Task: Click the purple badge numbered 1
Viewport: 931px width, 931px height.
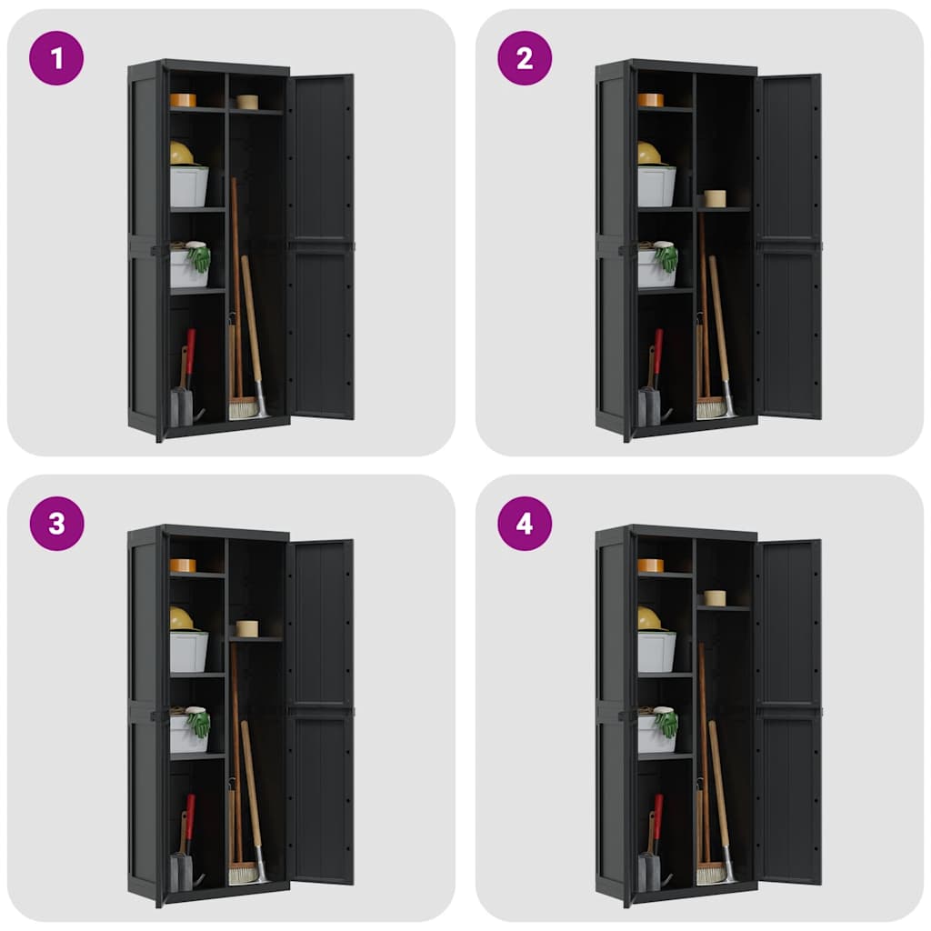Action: tap(56, 58)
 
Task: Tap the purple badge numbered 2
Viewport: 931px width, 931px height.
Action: tap(525, 58)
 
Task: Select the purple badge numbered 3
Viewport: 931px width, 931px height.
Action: tap(56, 524)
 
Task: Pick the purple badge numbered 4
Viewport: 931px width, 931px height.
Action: tap(525, 524)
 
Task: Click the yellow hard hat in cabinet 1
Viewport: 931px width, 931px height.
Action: tap(181, 154)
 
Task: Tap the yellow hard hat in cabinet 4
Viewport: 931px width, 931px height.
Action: tap(648, 619)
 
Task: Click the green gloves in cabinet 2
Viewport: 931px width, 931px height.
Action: tap(668, 259)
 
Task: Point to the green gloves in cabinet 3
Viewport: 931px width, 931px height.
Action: tap(200, 724)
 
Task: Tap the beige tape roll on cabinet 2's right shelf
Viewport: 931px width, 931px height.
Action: tap(716, 198)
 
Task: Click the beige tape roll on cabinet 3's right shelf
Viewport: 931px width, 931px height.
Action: tap(246, 628)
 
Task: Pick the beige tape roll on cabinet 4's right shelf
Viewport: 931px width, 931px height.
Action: tap(715, 597)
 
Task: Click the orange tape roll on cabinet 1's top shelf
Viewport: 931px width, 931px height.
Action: tap(183, 100)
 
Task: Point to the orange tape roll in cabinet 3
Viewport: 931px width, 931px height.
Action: tap(183, 566)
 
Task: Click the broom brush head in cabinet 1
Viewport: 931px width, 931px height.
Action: tap(243, 409)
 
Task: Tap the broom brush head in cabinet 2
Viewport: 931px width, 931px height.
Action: tap(710, 409)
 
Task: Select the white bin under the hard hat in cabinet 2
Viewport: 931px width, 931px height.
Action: tap(656, 187)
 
